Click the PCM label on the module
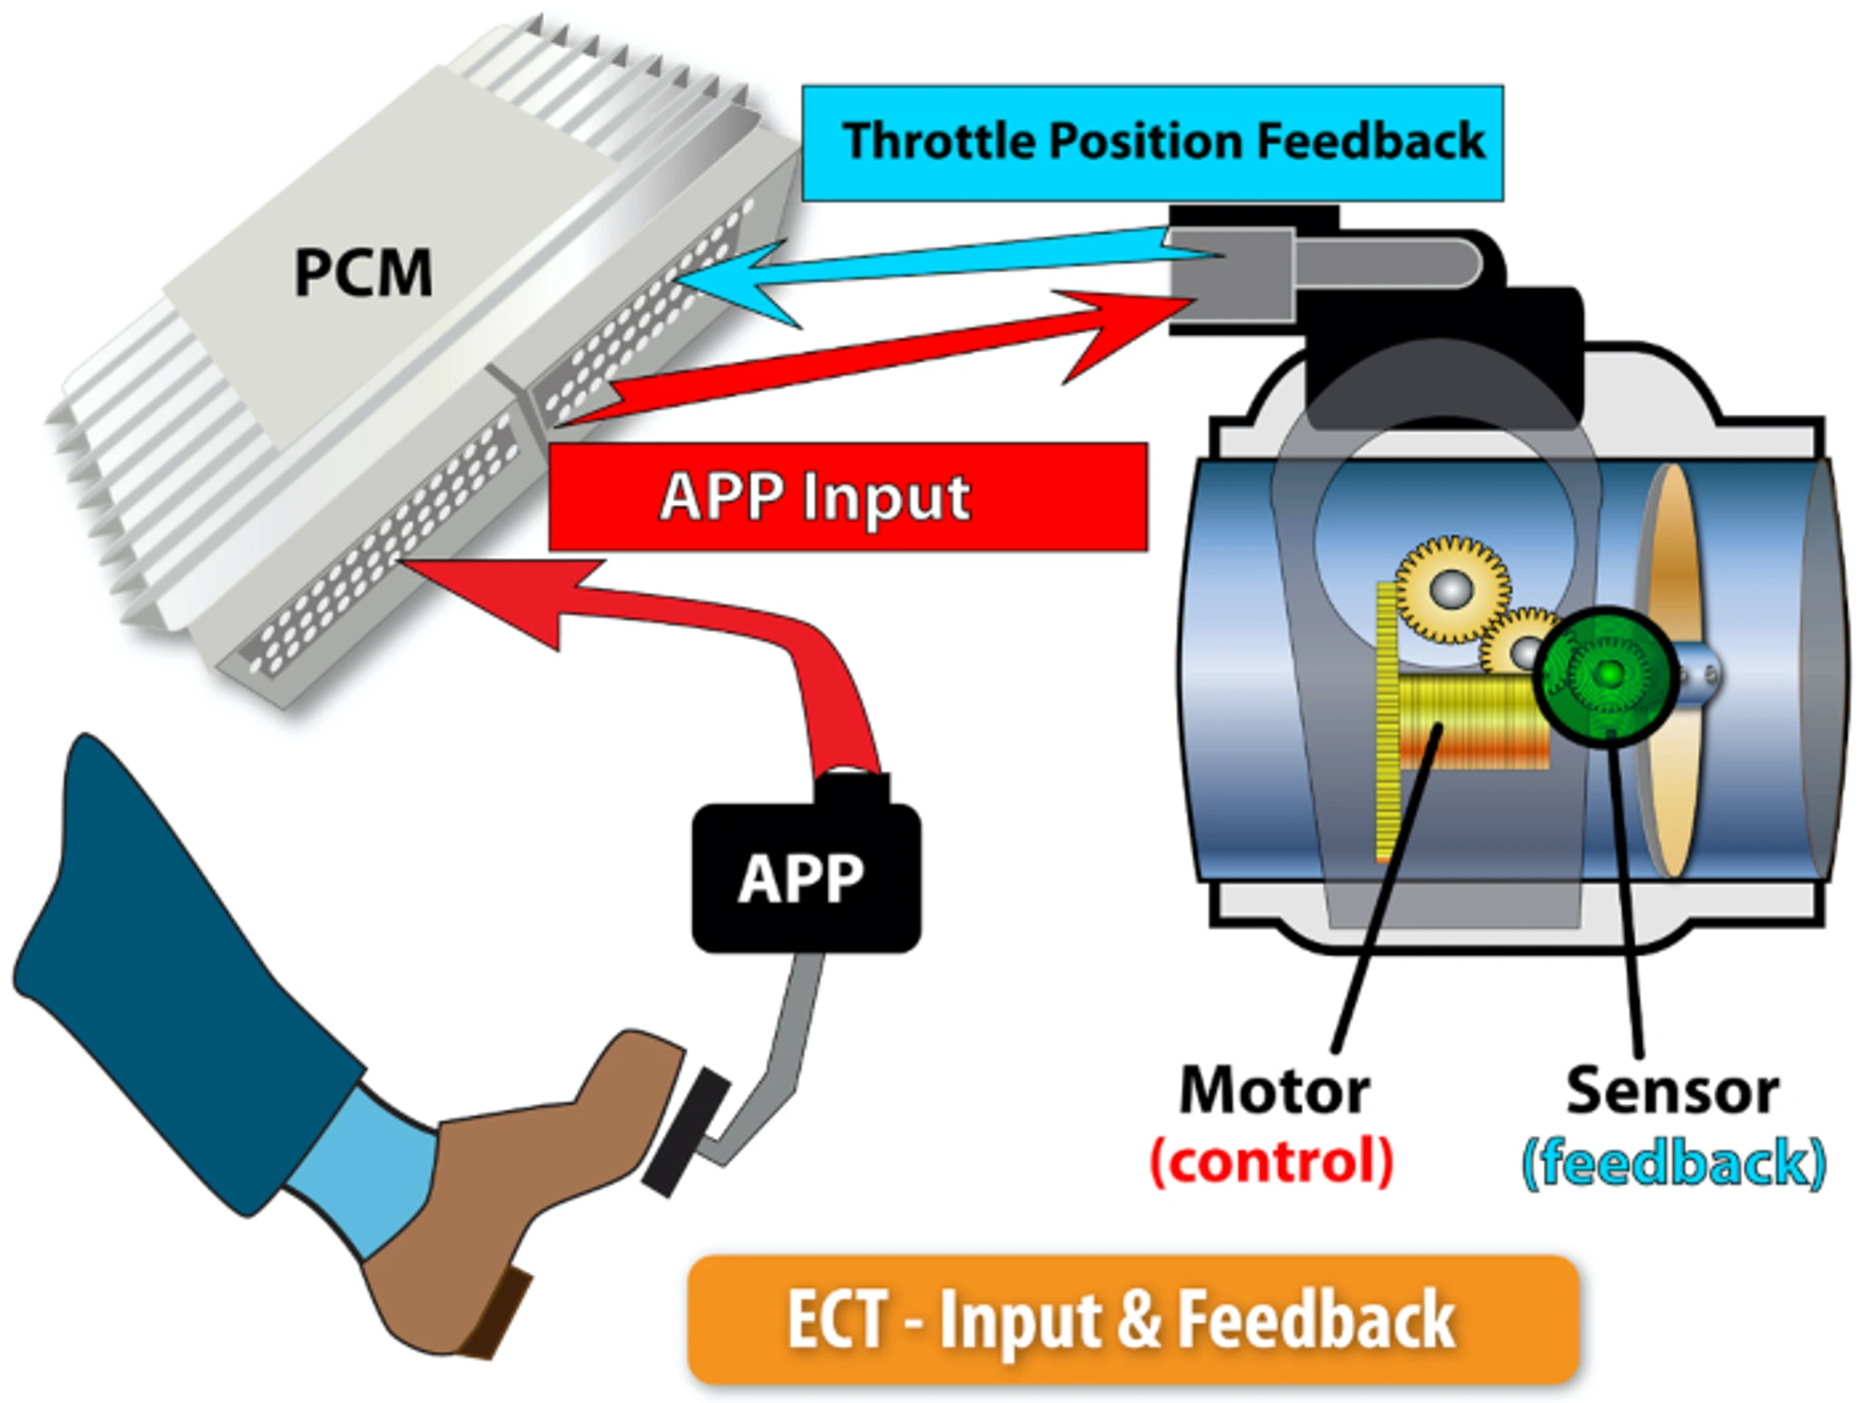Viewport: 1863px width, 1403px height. [363, 273]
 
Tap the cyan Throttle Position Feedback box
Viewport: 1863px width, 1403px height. [1151, 143]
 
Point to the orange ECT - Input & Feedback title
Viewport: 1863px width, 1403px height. [1132, 1319]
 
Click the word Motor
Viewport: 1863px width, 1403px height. [1273, 1090]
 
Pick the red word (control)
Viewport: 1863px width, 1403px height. [1271, 1161]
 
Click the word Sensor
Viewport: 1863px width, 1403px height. [1671, 1090]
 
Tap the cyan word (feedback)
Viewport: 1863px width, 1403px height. [1673, 1163]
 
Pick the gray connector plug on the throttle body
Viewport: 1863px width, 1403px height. [1231, 275]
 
